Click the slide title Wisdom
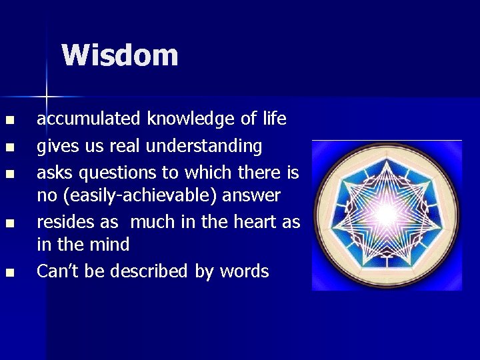coord(120,55)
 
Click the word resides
coord(61,222)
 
